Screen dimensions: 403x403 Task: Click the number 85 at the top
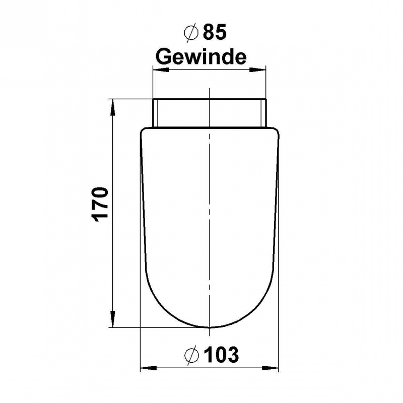coord(215,32)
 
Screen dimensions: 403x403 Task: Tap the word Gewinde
coord(201,57)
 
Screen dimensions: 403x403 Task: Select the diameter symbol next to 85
coord(191,32)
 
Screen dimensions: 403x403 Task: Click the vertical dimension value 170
coord(100,205)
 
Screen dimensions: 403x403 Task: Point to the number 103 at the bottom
coord(221,355)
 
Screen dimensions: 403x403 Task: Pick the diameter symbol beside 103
coord(192,355)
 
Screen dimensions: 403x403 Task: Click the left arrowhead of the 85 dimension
coord(161,70)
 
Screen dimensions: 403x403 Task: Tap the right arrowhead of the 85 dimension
coord(258,70)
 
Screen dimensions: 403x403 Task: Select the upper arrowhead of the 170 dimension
coord(112,107)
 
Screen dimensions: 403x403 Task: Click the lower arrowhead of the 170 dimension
coord(112,319)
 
